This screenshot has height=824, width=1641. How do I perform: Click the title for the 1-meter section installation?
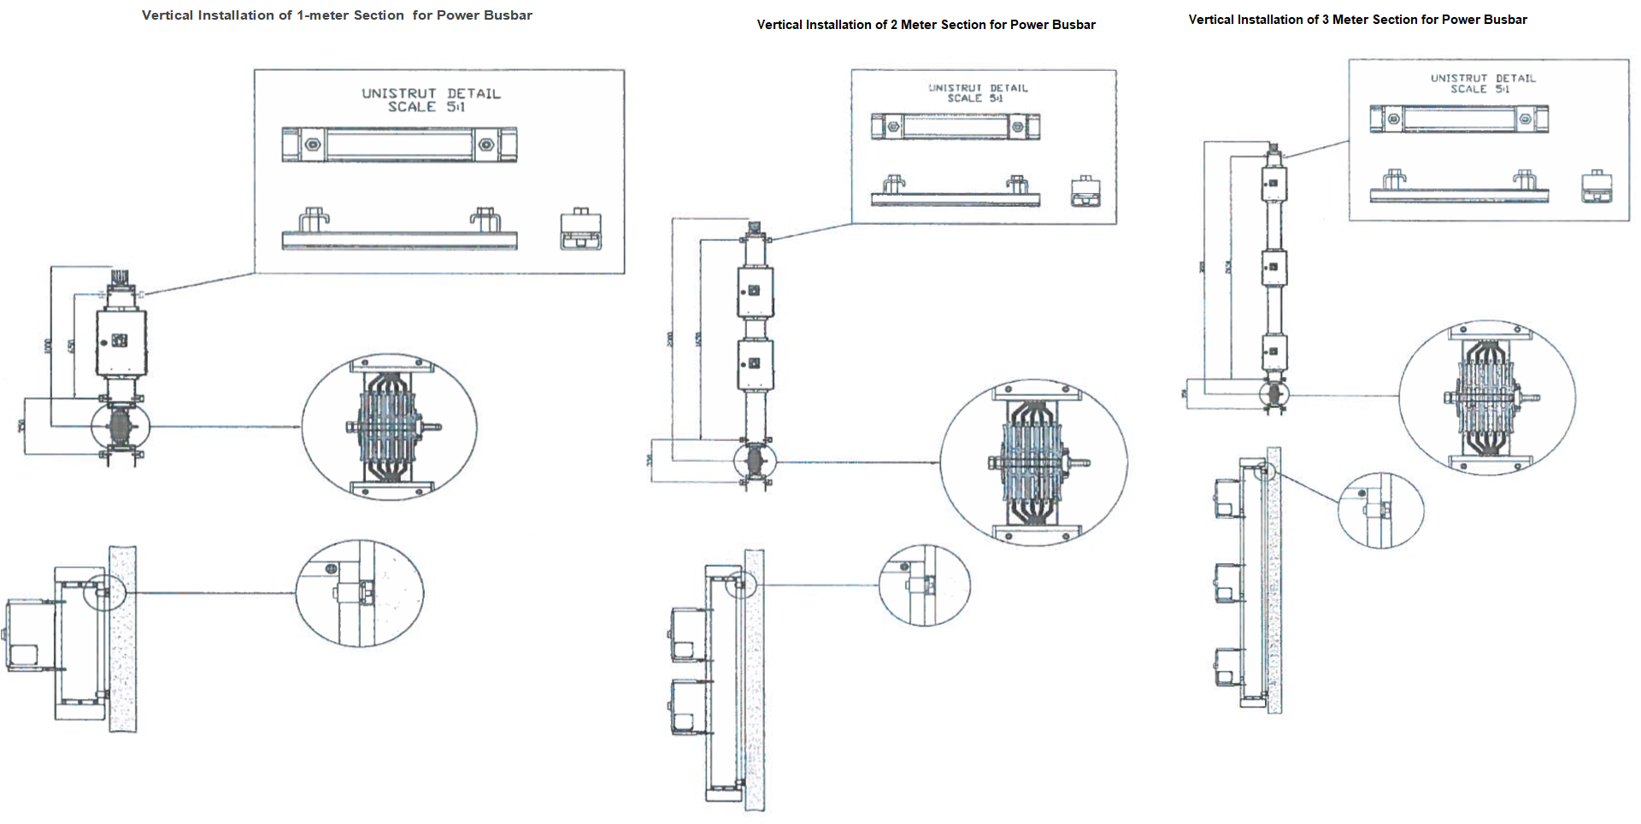tap(337, 15)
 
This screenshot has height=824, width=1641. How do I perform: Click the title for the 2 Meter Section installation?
tap(926, 25)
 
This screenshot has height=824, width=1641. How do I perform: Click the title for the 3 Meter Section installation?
tap(1357, 20)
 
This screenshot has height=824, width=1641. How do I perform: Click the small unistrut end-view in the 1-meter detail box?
tap(581, 229)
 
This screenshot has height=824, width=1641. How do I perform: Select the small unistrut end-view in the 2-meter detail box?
tap(1085, 191)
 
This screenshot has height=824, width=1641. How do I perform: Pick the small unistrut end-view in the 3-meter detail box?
tap(1597, 186)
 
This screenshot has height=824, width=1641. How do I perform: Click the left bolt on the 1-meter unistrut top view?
tap(313, 144)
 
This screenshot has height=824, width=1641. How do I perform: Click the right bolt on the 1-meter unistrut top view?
tap(485, 144)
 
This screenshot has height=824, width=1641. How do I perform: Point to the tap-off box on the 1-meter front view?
tap(121, 342)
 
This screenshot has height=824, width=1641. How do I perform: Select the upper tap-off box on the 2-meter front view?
tap(756, 291)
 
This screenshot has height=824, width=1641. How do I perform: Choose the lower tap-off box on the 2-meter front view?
tap(756, 364)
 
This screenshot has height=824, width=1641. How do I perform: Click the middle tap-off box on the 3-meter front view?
tap(1274, 268)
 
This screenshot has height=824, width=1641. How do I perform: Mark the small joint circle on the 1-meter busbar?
tap(121, 425)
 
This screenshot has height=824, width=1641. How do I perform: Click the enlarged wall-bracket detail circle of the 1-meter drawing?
tap(359, 592)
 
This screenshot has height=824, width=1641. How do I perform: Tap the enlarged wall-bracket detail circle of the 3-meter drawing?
tap(1380, 510)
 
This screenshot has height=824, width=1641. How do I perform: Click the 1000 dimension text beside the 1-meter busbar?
tap(48, 346)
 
